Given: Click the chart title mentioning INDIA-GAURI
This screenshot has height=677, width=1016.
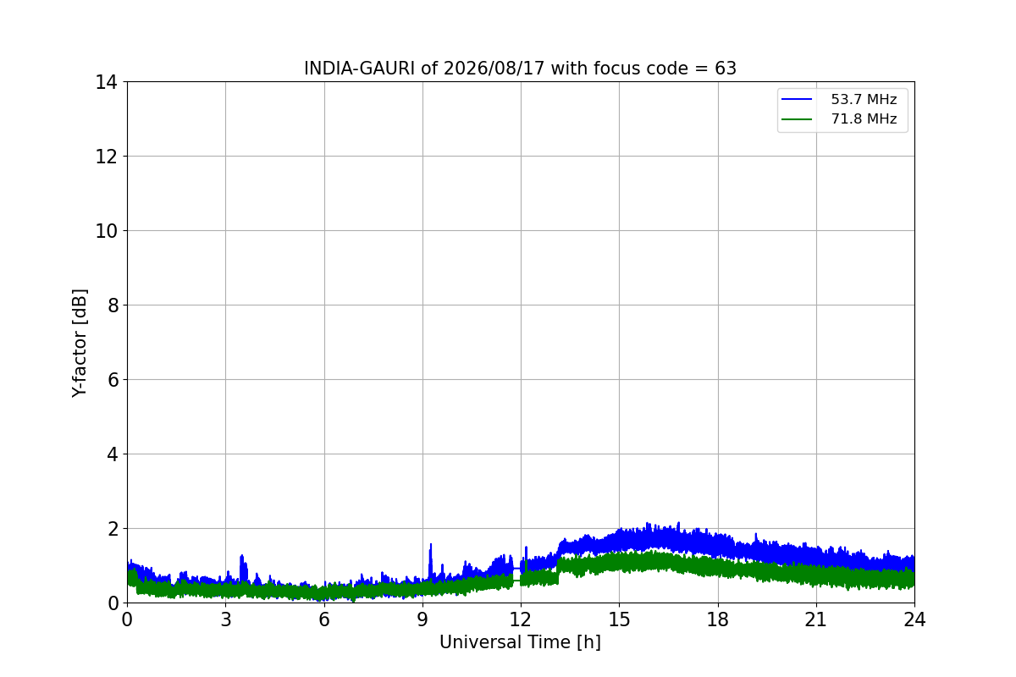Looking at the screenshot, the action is coord(520,69).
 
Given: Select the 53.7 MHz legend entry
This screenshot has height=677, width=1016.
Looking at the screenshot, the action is coord(839,99).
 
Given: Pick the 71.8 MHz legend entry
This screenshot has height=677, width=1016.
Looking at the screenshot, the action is coord(839,118).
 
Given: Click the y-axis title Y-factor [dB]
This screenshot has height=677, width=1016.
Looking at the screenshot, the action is coord(79,344).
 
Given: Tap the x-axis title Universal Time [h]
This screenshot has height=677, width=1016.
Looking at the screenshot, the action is coord(520,642).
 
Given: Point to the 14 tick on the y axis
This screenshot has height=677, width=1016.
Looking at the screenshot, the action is coord(106,83).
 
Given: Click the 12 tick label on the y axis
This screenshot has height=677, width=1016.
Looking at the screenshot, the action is coord(106,157).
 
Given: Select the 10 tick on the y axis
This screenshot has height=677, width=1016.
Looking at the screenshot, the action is coord(106,231).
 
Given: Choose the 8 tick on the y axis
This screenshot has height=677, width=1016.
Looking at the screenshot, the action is coord(113,305).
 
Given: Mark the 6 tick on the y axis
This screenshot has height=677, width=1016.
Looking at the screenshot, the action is coord(113,380).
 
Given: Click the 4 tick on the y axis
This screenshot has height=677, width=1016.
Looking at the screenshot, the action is coord(113,454).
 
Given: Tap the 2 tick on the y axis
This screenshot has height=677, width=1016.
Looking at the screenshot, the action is coord(113,529).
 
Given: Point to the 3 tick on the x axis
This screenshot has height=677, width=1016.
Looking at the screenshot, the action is coord(226,619).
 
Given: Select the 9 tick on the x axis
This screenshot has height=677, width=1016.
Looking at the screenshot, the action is coord(422,619).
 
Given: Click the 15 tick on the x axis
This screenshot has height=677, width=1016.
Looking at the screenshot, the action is coord(619,619).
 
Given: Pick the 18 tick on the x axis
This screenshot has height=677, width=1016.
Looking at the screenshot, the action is coord(718,619).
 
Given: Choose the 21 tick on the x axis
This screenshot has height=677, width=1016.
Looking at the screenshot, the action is coord(816,619).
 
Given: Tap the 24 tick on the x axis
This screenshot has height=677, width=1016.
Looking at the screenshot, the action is coord(914,619).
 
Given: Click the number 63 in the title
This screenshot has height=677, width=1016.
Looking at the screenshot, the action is coord(726,69).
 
